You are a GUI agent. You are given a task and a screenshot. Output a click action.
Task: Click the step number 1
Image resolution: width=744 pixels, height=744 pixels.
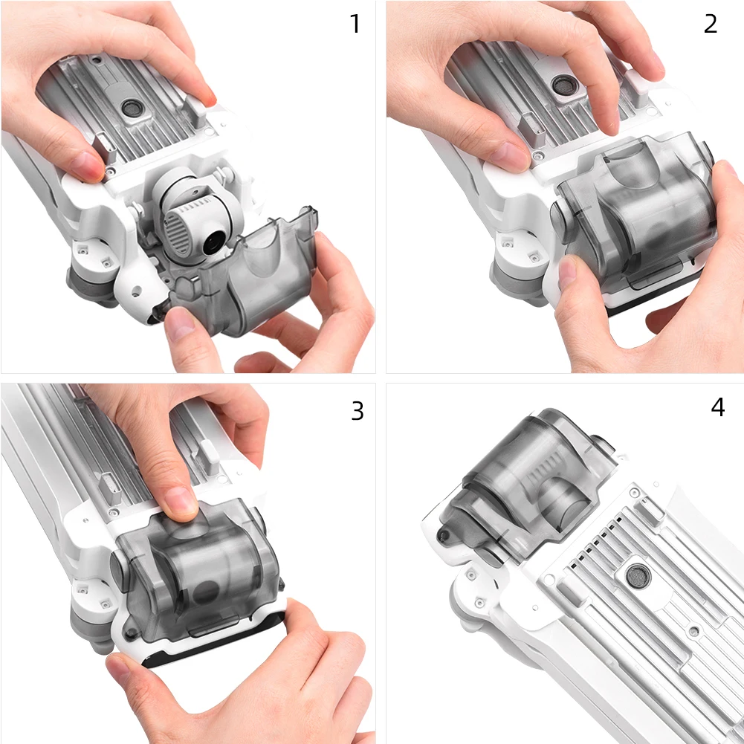[x=355, y=24]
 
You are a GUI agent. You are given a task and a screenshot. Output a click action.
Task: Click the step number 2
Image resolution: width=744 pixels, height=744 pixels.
[x=711, y=24]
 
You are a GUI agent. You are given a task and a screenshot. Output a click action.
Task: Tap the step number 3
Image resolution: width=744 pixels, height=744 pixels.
[x=358, y=411]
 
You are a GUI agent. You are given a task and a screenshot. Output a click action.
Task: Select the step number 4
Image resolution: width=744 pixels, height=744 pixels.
[x=718, y=407]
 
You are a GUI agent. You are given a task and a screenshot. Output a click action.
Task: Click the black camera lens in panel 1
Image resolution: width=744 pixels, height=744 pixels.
[x=215, y=243]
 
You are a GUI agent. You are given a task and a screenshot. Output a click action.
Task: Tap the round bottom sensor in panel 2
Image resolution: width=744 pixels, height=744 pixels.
[x=563, y=85]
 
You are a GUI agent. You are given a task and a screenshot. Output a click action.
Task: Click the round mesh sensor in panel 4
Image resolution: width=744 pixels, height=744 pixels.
[x=638, y=576]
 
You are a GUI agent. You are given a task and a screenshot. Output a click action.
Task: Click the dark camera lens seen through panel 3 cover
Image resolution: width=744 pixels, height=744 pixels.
[x=207, y=592]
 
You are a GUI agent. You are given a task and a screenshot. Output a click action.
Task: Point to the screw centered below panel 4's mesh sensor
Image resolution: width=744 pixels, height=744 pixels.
[x=693, y=632]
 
